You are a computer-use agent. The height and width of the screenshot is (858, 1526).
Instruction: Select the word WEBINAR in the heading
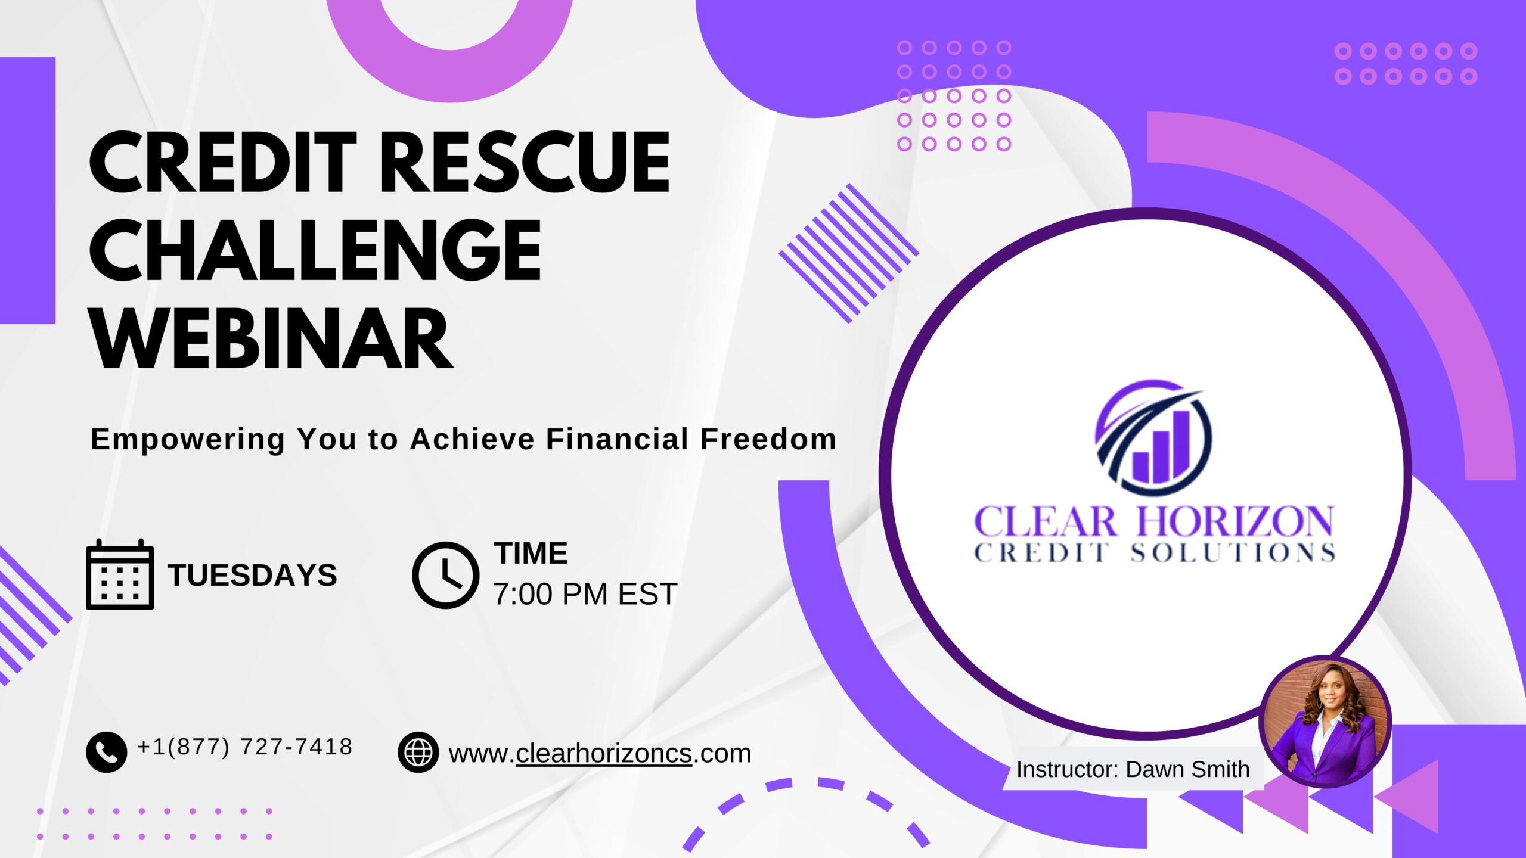click(x=271, y=338)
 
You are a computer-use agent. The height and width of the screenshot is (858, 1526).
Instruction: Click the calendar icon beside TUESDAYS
click(x=120, y=574)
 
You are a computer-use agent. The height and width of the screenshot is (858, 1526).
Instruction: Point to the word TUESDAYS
click(x=252, y=575)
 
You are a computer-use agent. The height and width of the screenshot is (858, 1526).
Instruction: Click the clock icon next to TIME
click(x=445, y=575)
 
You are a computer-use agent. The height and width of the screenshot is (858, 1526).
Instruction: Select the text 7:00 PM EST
click(x=585, y=594)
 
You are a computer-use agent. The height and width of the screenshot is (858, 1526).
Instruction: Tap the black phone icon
click(x=106, y=752)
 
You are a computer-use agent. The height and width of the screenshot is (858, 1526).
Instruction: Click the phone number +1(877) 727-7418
click(x=245, y=747)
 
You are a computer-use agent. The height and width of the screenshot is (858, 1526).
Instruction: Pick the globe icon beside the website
click(x=418, y=752)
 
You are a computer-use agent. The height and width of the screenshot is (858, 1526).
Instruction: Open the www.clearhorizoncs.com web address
click(x=600, y=754)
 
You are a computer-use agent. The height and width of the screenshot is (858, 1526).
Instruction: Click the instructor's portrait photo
click(x=1325, y=722)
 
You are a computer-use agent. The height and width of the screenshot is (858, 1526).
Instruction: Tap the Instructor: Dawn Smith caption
click(x=1133, y=769)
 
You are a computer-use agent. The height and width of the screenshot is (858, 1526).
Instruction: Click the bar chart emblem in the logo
click(x=1153, y=437)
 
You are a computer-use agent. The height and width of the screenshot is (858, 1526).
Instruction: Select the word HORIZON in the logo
click(x=1235, y=522)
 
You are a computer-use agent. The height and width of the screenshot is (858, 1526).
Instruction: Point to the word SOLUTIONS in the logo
click(x=1233, y=553)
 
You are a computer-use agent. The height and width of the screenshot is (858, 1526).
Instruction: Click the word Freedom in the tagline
click(x=768, y=439)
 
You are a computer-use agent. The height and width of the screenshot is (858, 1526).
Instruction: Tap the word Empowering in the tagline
click(x=188, y=440)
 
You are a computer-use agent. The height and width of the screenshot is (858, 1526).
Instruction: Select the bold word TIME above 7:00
click(x=531, y=553)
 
